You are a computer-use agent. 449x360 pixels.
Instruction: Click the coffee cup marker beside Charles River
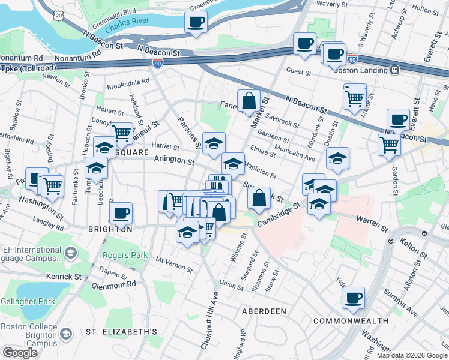(196, 23)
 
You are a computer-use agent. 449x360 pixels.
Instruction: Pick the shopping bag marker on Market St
(249, 101)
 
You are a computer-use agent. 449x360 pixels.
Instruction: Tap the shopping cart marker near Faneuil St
(122, 133)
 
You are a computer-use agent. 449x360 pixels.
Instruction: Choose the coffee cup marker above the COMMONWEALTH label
(353, 297)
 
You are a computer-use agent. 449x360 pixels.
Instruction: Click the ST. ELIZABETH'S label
(121, 332)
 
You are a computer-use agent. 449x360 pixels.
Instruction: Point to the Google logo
(20, 353)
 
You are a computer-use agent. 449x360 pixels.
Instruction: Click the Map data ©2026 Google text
(412, 355)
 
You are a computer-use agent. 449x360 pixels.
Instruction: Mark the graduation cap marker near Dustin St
(338, 159)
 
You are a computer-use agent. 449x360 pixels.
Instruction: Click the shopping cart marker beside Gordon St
(389, 144)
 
